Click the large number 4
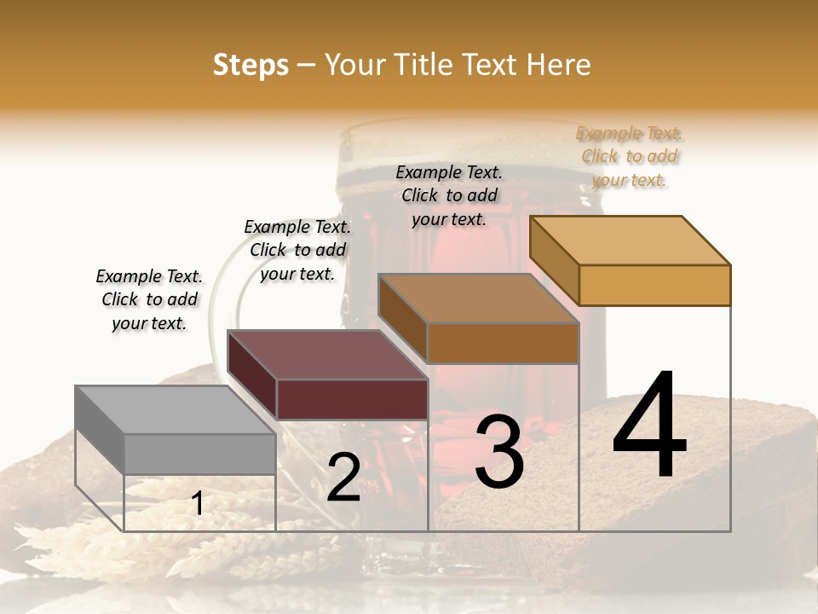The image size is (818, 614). (649, 426)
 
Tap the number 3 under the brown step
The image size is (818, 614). (499, 452)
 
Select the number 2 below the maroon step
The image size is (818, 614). (343, 478)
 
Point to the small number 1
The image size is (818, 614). (198, 504)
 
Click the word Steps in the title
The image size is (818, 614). (251, 65)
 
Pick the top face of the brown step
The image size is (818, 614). (478, 298)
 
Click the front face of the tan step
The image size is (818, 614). (654, 285)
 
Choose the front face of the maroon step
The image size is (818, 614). (352, 399)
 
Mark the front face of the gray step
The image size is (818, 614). (199, 454)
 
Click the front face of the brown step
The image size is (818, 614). (503, 343)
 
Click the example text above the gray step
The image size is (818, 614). (149, 300)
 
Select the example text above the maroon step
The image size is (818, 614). (297, 250)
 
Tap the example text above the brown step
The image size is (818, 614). (449, 195)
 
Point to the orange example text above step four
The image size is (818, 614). (630, 157)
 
